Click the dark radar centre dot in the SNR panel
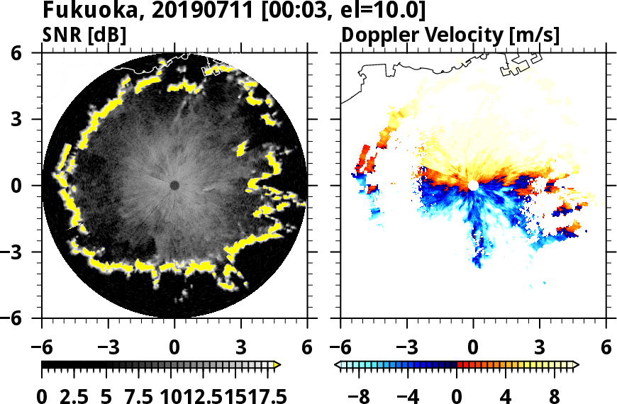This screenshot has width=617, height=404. [174, 185]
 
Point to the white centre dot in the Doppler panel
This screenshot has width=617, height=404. [473, 185]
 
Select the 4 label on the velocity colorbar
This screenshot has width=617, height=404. [506, 395]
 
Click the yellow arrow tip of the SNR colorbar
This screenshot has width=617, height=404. [277, 364]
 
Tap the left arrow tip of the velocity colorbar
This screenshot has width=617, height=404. [338, 364]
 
